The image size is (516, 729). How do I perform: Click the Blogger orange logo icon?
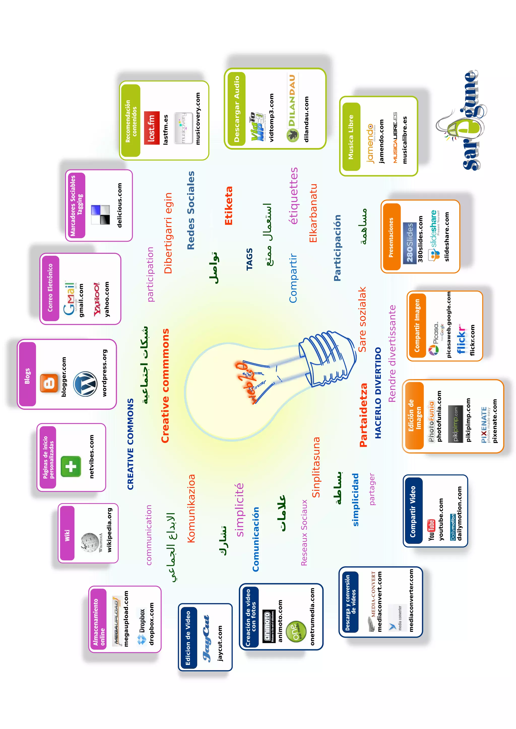pyautogui.click(x=49, y=383)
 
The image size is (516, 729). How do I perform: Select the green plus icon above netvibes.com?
pyautogui.click(x=71, y=466)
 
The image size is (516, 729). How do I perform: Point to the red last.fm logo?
pyautogui.click(x=152, y=128)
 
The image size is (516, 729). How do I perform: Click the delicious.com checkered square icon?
pyautogui.click(x=100, y=215)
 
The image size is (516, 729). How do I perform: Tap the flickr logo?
pyautogui.click(x=461, y=339)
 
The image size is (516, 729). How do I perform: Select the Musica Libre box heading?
pyautogui.click(x=351, y=137)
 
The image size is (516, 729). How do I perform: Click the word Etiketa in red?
pyautogui.click(x=229, y=206)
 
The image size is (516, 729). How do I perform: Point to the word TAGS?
pyautogui.click(x=249, y=259)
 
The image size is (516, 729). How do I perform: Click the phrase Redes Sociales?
pyautogui.click(x=191, y=210)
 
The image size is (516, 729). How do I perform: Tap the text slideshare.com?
pyautogui.click(x=447, y=237)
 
